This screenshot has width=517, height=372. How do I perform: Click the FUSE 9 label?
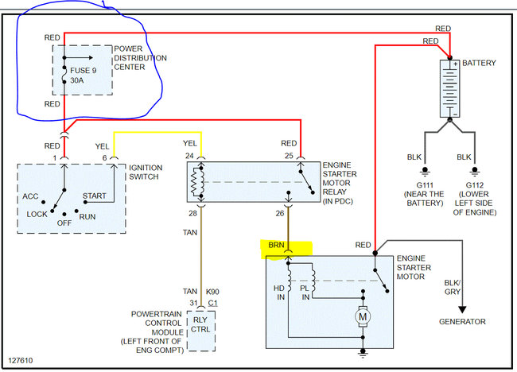[x=83, y=71]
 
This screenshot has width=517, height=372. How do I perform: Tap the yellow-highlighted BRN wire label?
[x=276, y=245]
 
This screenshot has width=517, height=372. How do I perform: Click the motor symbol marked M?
[x=363, y=317]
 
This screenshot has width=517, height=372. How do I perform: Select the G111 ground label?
[x=425, y=185]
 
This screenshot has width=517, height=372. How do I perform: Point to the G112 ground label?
[x=475, y=185]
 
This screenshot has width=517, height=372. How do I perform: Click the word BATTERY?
[x=479, y=63]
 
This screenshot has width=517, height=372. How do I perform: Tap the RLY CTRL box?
[x=200, y=331]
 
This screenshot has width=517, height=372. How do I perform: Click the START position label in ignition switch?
[x=95, y=196]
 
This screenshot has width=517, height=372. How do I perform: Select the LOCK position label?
[x=37, y=214]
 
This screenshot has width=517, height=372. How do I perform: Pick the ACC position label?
[x=30, y=196]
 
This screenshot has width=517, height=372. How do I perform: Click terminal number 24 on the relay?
[x=189, y=156]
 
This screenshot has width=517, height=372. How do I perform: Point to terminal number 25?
[x=289, y=156]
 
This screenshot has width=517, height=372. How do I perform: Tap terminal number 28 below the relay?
[x=193, y=214]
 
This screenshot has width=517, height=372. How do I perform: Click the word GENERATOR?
[x=462, y=322]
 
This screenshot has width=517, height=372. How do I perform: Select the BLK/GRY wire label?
[x=453, y=287]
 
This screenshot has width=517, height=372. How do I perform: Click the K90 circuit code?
[x=212, y=292]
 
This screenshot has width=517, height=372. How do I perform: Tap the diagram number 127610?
[x=21, y=360]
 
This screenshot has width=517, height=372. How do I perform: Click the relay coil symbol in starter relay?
[x=198, y=182]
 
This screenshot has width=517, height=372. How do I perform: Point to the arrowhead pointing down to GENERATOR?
[x=462, y=310]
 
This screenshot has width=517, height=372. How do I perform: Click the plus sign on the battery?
[x=455, y=64]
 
